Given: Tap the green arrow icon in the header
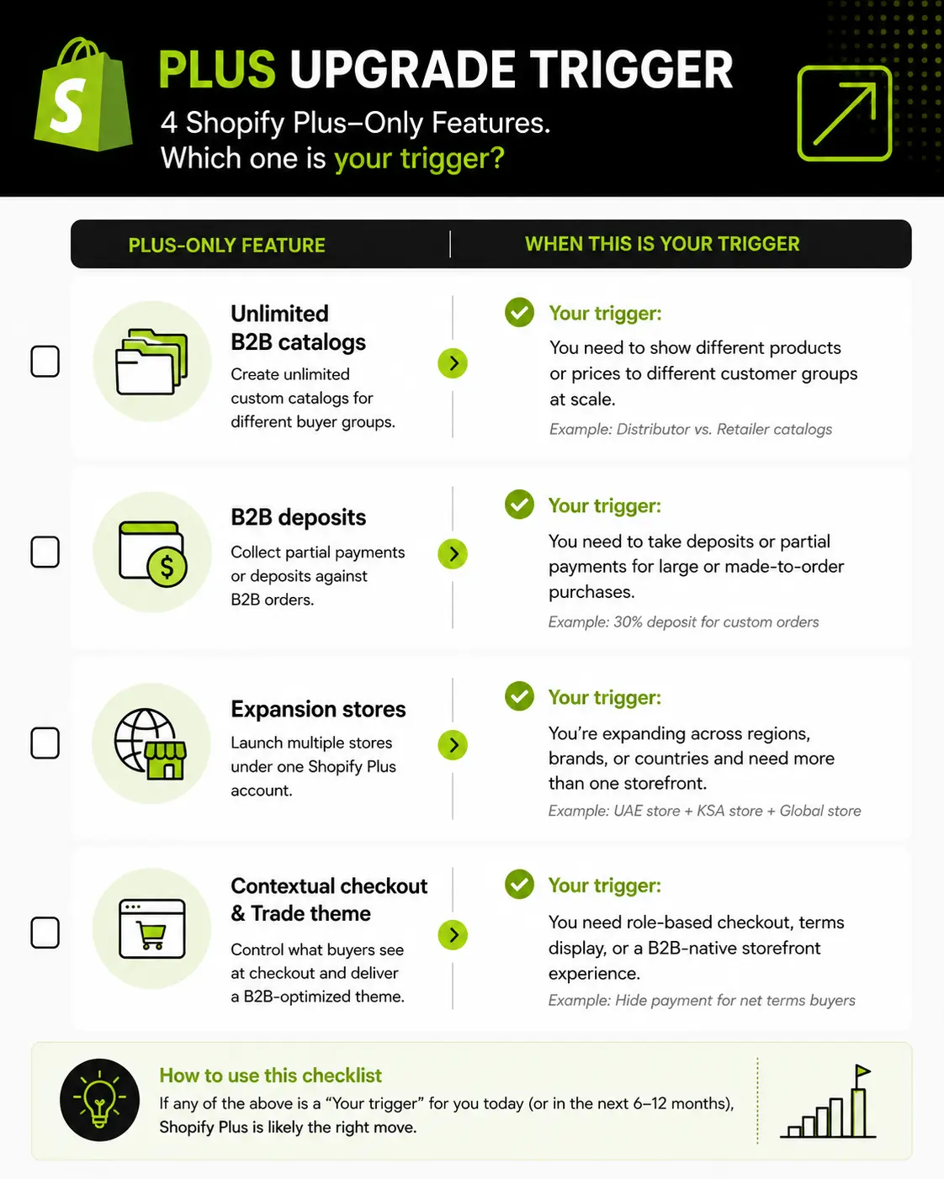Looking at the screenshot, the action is tap(844, 114).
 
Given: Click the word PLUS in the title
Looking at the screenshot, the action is tap(217, 69).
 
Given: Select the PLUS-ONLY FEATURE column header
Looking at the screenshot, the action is tap(226, 245).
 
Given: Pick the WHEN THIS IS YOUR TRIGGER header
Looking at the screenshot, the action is tap(662, 244).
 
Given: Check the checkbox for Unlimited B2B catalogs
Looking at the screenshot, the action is tap(45, 361).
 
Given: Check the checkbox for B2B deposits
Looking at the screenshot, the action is tap(45, 552).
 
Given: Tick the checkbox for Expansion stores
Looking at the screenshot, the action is tap(45, 743).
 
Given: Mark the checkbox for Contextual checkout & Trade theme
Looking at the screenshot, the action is tap(45, 933).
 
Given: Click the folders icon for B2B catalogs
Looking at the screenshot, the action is tap(151, 362).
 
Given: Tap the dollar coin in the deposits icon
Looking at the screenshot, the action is tap(167, 567).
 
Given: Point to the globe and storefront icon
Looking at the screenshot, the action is tap(151, 743).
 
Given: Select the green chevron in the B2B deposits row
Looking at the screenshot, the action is tap(453, 554).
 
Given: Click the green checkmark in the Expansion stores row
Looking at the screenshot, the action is tap(519, 696).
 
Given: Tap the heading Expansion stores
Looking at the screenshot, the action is tap(318, 709).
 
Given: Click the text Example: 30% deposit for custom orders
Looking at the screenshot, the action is tap(684, 621).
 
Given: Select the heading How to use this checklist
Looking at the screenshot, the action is tap(270, 1076).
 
